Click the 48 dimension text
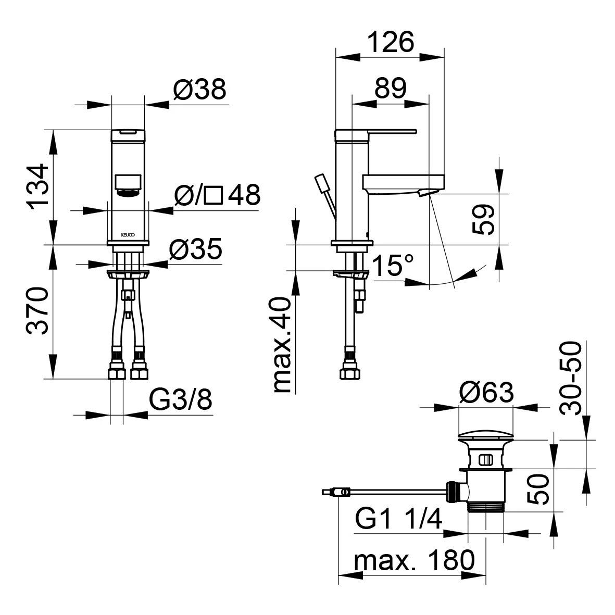[x=244, y=194]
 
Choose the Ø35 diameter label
[x=196, y=249]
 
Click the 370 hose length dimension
[x=37, y=311]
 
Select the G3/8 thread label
[x=181, y=399]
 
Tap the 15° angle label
[x=393, y=266]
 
